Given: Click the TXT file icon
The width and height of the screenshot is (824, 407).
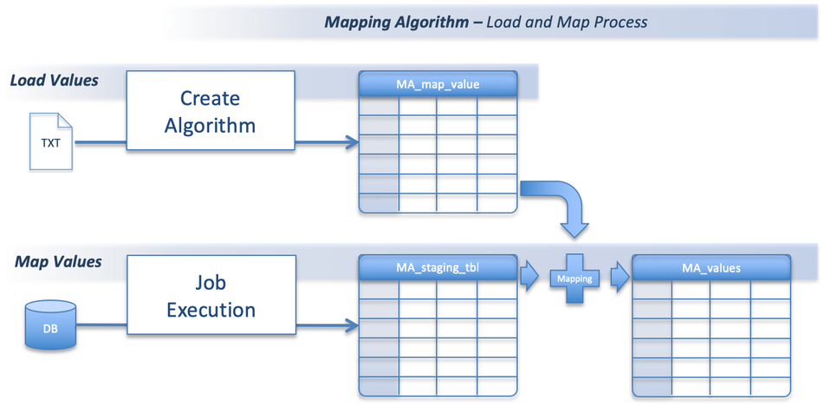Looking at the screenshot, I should tap(52, 141).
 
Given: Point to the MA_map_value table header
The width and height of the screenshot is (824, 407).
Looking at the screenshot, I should tap(438, 84).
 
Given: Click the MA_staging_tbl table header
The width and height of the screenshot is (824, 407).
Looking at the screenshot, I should tap(438, 267).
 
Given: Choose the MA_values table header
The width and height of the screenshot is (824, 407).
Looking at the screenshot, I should tap(710, 268).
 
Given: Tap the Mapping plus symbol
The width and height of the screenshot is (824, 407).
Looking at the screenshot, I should tap(574, 279).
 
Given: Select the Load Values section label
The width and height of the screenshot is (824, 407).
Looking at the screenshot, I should tap(54, 81).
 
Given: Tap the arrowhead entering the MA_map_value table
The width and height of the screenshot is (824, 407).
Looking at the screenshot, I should tap(351, 142).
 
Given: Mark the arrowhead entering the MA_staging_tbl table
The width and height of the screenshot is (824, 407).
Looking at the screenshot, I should tap(351, 325).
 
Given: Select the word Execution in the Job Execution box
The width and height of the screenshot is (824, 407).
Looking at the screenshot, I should tap(211, 311).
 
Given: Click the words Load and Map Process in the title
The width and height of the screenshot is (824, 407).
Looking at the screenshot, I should tap(567, 22).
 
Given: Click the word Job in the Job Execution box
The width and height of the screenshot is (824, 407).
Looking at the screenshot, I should tap(211, 283).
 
